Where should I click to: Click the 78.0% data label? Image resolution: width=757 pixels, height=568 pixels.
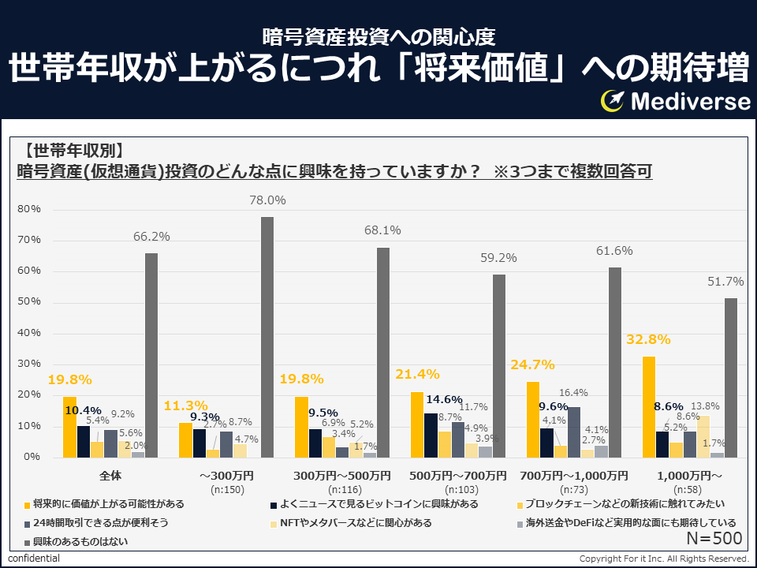click(267, 201)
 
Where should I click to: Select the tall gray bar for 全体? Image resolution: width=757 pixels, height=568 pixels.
click(151, 355)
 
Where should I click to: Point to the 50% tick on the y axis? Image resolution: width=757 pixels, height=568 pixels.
click(29, 302)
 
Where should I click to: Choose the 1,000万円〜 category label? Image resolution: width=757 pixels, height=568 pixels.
click(690, 476)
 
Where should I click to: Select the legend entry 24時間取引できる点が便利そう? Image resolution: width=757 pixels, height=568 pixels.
click(100, 522)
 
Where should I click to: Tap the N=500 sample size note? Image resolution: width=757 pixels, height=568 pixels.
click(714, 540)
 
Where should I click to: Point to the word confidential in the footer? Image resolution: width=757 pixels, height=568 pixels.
click(33, 559)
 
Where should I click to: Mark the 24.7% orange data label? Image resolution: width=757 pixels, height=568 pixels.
click(533, 365)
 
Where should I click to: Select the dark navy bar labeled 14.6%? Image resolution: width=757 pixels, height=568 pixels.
click(430, 435)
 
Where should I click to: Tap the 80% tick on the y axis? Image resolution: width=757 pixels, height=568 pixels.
click(29, 210)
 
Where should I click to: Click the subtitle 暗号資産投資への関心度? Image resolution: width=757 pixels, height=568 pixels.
click(378, 36)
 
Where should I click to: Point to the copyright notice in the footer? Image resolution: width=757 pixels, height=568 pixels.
click(664, 559)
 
